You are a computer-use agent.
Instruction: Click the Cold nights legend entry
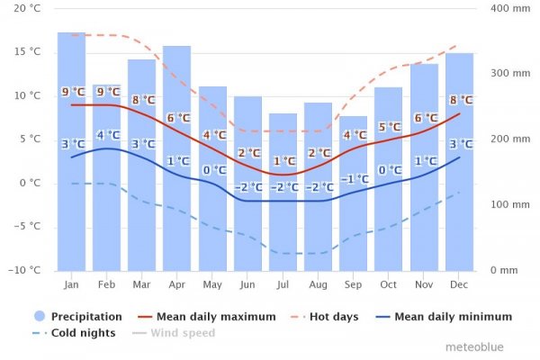point(76,333)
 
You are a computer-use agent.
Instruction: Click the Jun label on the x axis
point(247,283)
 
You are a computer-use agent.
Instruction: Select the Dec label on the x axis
point(459,283)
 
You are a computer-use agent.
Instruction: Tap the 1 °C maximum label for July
point(283,161)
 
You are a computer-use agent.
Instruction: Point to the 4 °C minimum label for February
point(107,136)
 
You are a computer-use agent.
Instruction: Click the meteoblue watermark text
point(477,346)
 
